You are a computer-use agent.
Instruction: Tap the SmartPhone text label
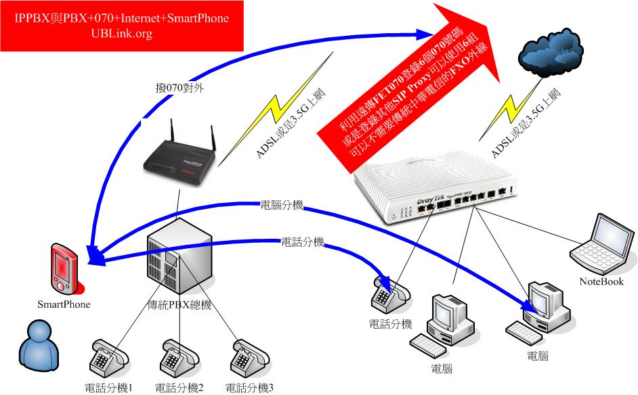pos(63,304)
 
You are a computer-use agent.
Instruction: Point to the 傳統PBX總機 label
pos(179,305)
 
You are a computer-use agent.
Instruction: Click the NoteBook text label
pos(601,281)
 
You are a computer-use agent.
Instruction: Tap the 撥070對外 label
pos(178,87)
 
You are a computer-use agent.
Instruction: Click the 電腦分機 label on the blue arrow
pos(282,203)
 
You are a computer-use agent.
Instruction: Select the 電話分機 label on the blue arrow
pos(303,241)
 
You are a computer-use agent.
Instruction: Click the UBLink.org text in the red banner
pos(121,34)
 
